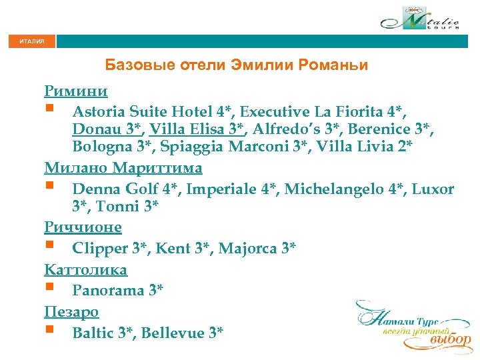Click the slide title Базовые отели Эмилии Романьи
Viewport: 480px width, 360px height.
[x=237, y=65]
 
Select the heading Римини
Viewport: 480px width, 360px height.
[x=76, y=91]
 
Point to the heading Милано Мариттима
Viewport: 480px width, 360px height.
[x=123, y=167]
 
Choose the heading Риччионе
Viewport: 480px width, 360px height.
[x=83, y=227]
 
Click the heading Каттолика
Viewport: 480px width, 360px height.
[x=86, y=269]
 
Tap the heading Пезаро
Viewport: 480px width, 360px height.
[x=71, y=311]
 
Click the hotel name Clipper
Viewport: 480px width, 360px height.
[x=100, y=249]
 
